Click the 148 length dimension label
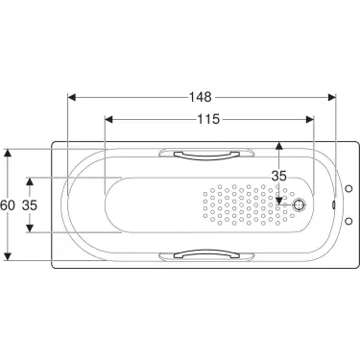200,97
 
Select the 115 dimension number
208,119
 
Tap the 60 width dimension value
9,204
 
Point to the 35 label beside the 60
30,204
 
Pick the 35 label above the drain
279,176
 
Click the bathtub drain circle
300,204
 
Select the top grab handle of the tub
202,153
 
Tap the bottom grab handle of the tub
202,255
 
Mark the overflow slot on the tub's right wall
330,204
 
